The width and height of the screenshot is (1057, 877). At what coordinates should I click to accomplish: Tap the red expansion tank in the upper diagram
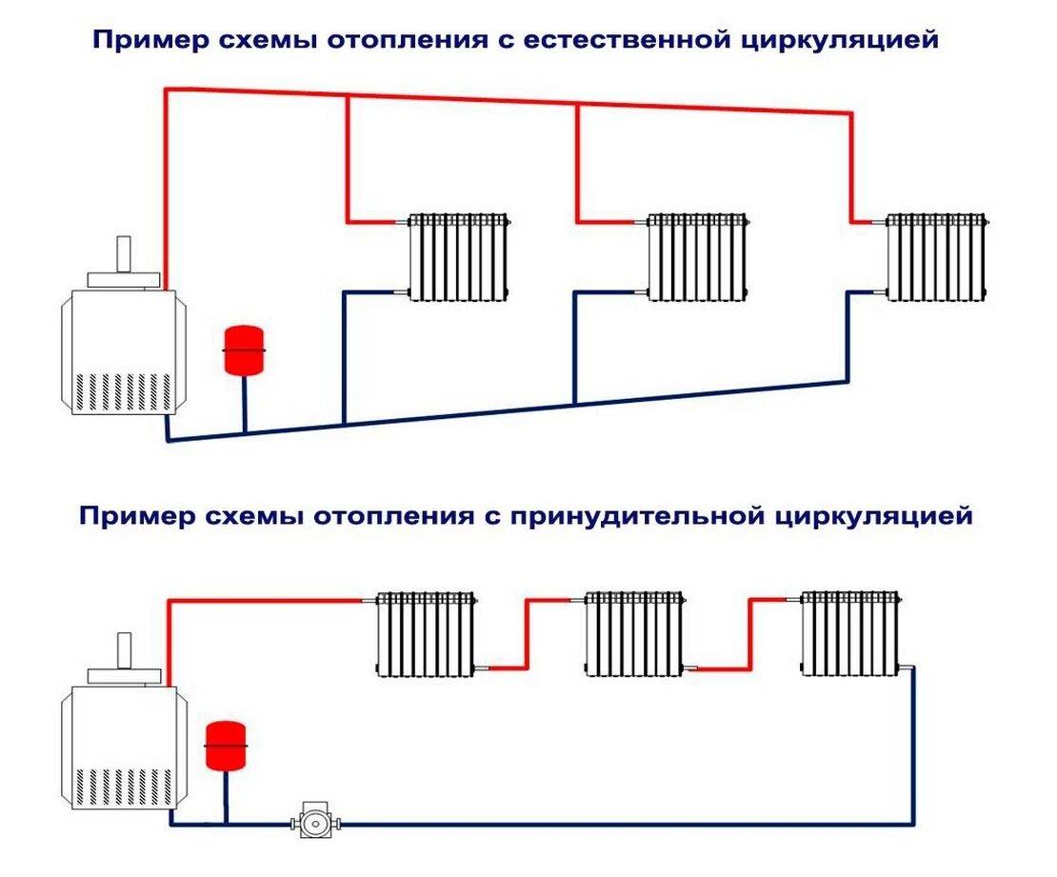[x=242, y=350]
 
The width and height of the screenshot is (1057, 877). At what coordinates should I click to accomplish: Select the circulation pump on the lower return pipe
[x=309, y=820]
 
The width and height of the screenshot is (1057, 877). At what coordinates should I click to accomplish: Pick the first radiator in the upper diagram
[x=460, y=257]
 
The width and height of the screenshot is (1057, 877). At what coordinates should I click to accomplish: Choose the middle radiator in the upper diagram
[x=698, y=257]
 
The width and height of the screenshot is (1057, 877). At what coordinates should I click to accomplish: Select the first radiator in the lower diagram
[x=426, y=633]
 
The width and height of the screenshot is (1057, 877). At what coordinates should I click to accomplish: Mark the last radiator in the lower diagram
[x=850, y=633]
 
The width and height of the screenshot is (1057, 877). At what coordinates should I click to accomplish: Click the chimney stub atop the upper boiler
[x=124, y=252]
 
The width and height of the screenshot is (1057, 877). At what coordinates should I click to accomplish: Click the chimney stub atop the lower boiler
[x=124, y=649]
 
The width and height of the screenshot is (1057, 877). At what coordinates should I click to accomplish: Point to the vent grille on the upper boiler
[x=121, y=391]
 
